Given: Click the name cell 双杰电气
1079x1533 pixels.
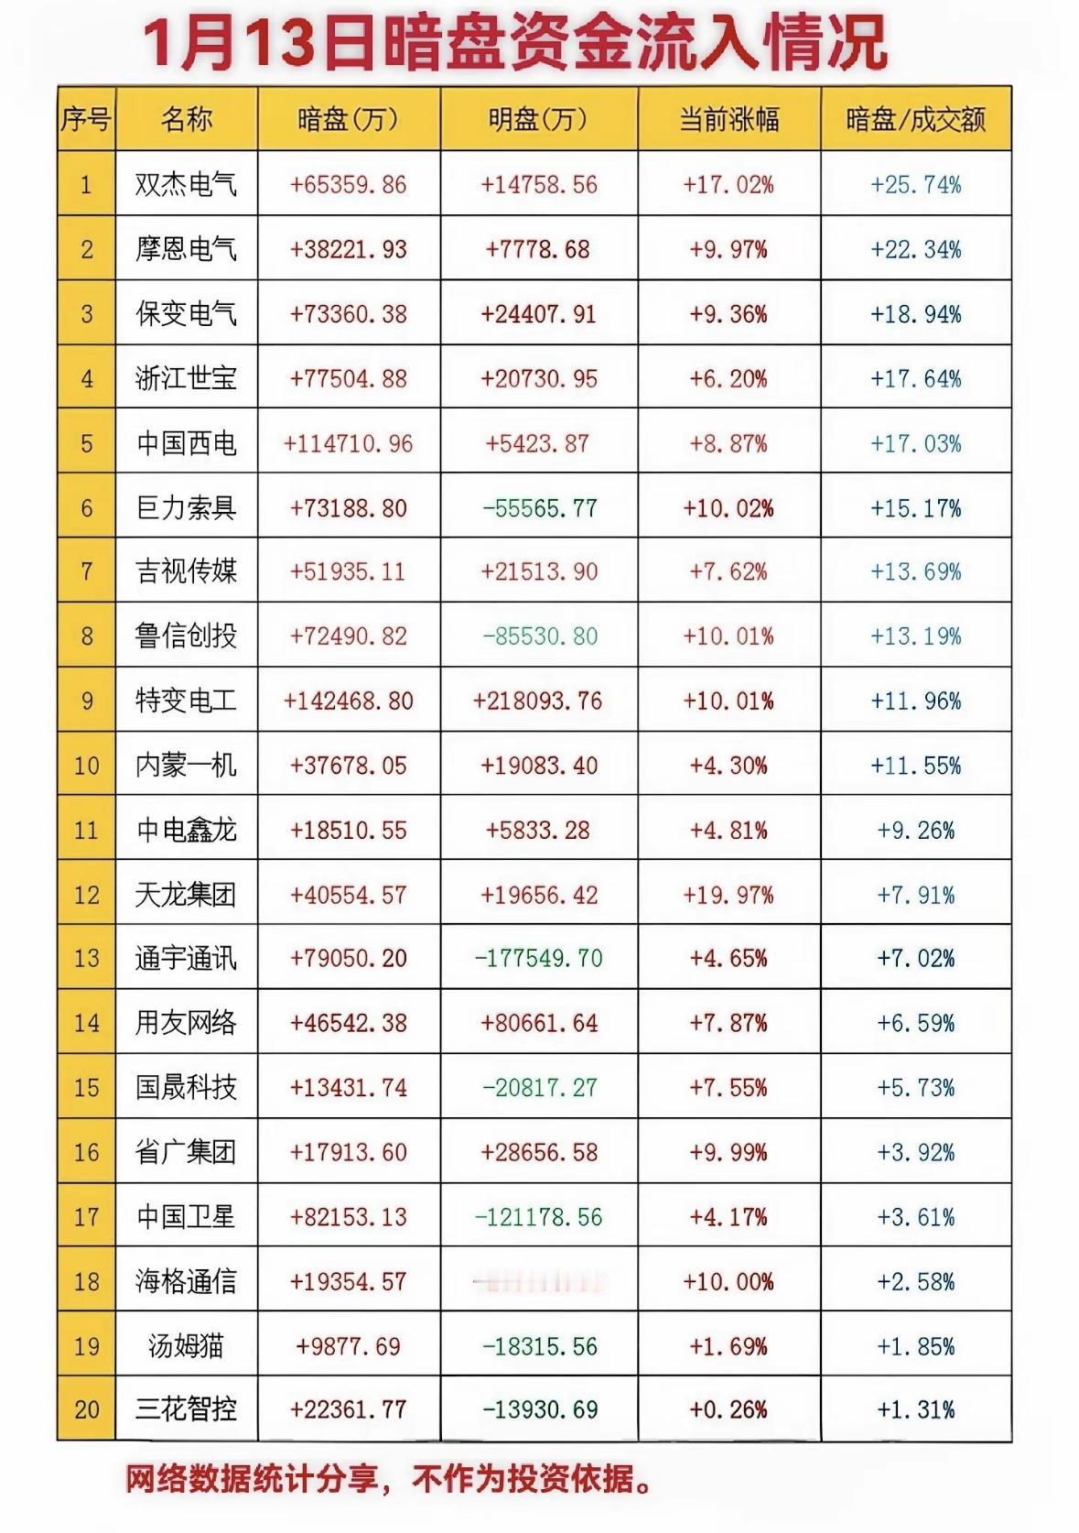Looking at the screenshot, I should [x=186, y=185].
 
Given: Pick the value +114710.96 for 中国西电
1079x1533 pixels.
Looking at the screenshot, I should [x=349, y=444].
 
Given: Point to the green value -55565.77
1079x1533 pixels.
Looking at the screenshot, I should [x=539, y=508].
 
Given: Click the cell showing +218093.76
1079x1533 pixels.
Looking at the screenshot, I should [x=538, y=701].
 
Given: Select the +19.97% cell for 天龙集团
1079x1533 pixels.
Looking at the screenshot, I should [x=728, y=895].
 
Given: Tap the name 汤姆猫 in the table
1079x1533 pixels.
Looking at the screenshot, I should [x=186, y=1346].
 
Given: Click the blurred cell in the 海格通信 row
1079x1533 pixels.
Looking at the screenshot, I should [x=539, y=1281].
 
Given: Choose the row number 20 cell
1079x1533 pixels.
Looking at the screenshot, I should [x=87, y=1410].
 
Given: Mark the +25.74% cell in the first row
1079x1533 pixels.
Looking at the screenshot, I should [x=915, y=185].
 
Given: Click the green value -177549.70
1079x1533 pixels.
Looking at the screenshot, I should [x=539, y=959].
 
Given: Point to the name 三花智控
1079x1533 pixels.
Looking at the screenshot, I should [x=186, y=1410].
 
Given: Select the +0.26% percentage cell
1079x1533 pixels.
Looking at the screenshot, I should [x=728, y=1410].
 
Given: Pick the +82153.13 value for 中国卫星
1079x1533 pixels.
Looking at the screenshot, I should [x=349, y=1217].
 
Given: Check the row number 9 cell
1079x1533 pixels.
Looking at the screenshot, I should [x=87, y=701].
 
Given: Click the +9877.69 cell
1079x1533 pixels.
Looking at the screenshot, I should [x=349, y=1346].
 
